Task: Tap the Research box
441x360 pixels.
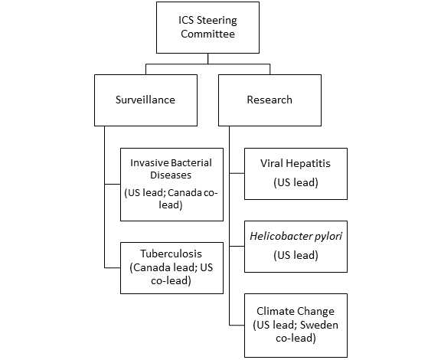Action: click(269, 100)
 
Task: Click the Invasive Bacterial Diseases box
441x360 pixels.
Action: click(171, 184)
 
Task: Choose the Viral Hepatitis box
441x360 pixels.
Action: click(296, 173)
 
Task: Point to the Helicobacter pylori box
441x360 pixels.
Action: click(296, 246)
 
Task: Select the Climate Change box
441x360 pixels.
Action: click(296, 325)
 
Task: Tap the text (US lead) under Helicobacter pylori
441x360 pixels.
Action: click(296, 254)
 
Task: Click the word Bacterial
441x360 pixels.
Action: click(188, 163)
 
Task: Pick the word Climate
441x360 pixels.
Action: click(275, 311)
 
